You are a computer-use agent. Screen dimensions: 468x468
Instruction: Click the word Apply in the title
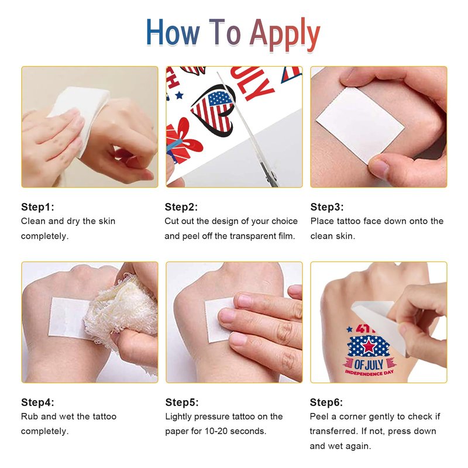tap(284, 34)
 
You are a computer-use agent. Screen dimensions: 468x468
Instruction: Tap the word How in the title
tap(173, 32)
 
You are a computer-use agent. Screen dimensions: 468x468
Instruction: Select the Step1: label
tap(37, 207)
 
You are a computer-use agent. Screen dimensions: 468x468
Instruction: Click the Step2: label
tap(181, 207)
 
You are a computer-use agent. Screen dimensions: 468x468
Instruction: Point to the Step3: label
tap(327, 207)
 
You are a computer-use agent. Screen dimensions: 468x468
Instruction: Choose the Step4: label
tap(37, 402)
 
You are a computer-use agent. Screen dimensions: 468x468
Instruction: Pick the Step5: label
tap(182, 402)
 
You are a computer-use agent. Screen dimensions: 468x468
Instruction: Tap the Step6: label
tap(326, 402)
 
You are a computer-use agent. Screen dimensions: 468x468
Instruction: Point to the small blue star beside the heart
tap(179, 95)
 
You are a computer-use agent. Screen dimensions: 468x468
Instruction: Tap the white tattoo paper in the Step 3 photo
tap(360, 125)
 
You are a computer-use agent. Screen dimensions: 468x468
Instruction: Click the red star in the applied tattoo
tap(369, 346)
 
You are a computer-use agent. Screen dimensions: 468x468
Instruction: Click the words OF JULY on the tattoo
tap(369, 364)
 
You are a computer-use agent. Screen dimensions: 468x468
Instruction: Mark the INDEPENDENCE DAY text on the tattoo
tap(369, 373)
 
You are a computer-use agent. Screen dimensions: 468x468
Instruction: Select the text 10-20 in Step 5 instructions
tap(216, 431)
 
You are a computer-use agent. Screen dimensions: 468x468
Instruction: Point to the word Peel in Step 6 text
tap(319, 417)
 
